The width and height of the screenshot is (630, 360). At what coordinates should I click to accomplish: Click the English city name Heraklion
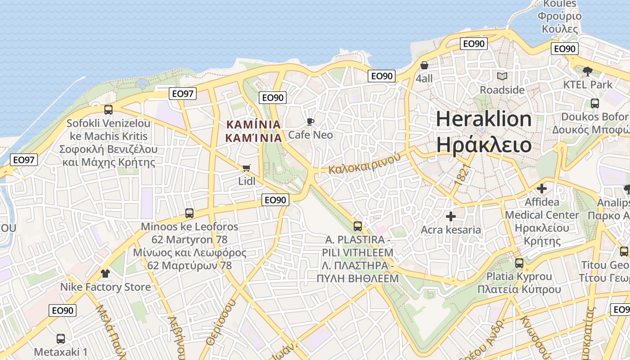click(x=484, y=119)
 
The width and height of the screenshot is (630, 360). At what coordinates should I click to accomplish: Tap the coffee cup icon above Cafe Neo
click(x=310, y=121)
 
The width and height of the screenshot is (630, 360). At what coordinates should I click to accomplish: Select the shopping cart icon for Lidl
click(x=246, y=168)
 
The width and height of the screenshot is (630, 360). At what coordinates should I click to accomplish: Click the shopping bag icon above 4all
click(x=424, y=66)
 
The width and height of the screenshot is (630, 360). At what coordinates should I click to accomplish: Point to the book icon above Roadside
click(x=502, y=76)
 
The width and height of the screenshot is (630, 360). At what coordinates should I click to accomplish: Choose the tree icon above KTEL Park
click(x=587, y=71)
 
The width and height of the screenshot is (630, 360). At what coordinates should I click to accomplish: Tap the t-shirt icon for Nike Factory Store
click(x=105, y=273)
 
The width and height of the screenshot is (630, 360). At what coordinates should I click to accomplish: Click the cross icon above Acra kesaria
click(x=450, y=217)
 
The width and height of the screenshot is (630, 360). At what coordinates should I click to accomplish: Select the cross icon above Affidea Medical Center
click(x=542, y=189)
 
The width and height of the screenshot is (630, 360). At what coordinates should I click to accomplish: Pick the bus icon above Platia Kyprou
click(x=519, y=263)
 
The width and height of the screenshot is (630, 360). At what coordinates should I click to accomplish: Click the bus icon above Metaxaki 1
click(x=61, y=338)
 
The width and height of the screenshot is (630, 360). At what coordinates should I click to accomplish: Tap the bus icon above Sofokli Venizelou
click(x=108, y=109)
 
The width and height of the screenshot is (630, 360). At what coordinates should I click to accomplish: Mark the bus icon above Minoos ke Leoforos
click(x=189, y=213)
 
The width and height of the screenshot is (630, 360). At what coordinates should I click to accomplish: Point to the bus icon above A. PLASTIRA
click(x=358, y=226)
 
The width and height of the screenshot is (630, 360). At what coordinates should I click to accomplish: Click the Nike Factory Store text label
click(x=106, y=287)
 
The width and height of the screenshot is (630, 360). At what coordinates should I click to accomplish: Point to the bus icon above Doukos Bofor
click(x=595, y=103)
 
